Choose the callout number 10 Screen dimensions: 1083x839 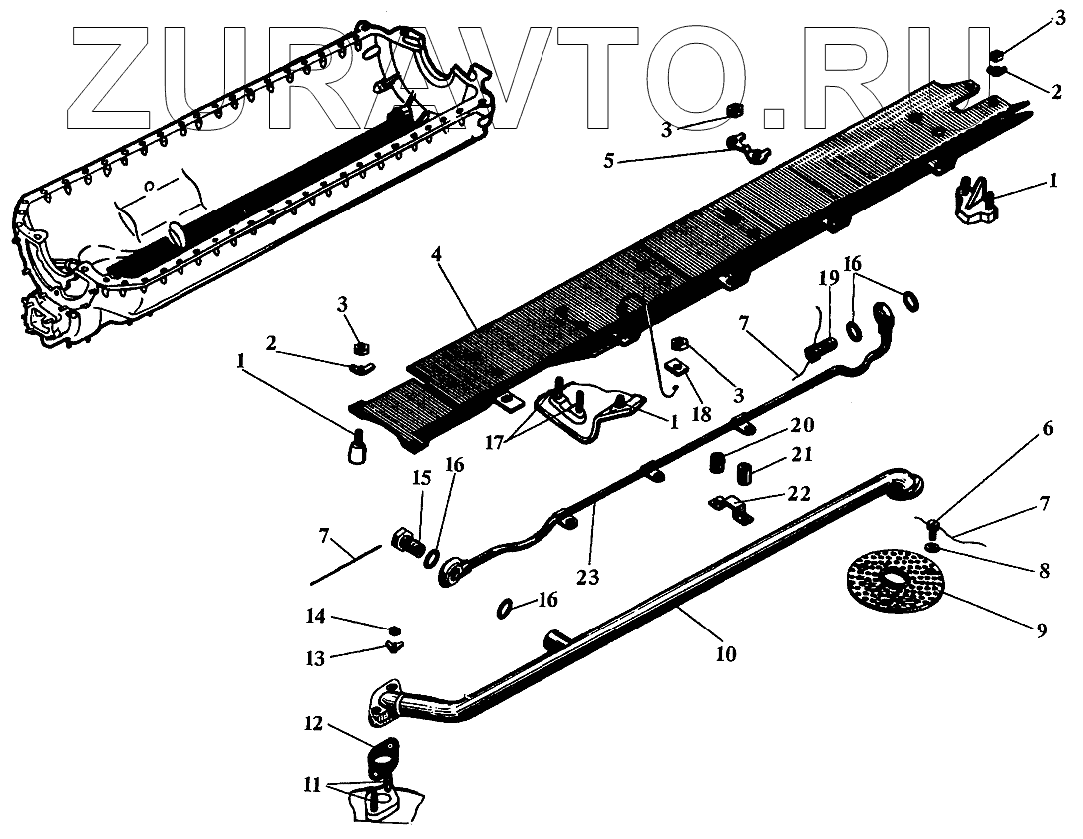coord(725,654)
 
